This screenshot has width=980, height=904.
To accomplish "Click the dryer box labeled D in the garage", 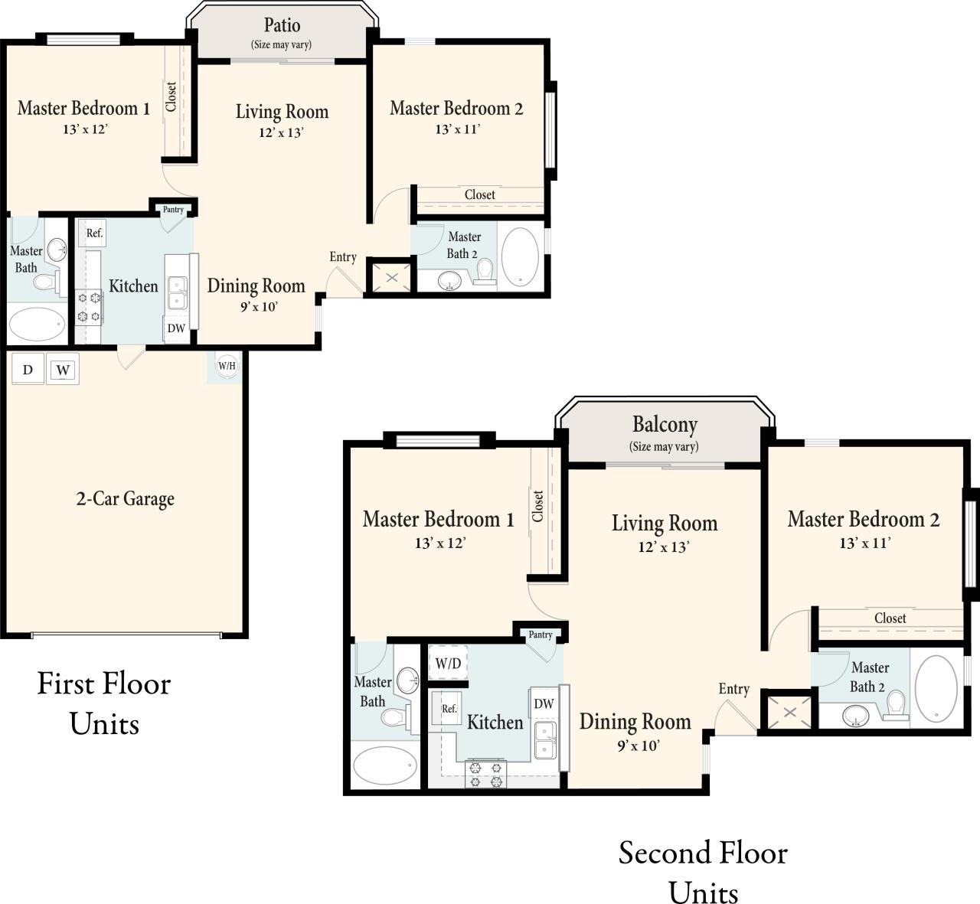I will (28, 370).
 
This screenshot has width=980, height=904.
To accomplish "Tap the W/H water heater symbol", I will (227, 366).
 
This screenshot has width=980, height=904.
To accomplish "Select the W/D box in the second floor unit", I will (448, 663).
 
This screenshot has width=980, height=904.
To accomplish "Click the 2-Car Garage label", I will (125, 499).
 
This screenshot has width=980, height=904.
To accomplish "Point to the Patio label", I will (282, 25).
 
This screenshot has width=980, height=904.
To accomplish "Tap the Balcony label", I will (665, 424).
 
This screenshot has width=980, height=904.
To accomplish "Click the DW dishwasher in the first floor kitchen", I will (176, 328).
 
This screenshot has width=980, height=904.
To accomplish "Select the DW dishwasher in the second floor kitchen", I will (544, 703).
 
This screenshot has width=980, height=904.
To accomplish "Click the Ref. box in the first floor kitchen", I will (94, 233).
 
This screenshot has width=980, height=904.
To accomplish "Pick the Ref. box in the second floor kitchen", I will (449, 709).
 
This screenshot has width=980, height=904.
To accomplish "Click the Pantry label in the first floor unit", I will (173, 210).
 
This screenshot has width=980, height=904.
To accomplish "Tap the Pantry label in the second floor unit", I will (541, 635).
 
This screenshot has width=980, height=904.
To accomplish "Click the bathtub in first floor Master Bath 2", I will (520, 257).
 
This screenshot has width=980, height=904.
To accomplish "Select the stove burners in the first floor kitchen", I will (89, 307).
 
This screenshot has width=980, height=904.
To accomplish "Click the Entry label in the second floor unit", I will (733, 689).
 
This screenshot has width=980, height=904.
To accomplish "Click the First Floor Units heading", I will (104, 703).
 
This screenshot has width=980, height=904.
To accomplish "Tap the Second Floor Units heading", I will (703, 872).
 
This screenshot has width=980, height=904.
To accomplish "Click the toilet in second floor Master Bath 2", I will (895, 706).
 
